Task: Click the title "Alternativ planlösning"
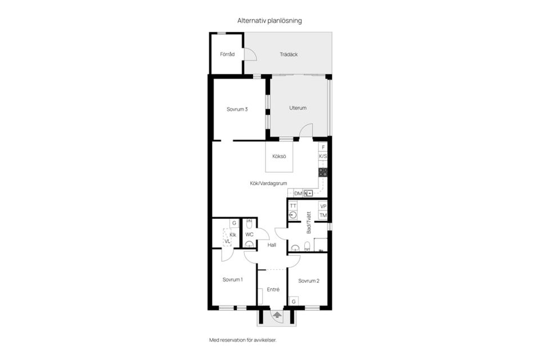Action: pyautogui.click(x=269, y=21)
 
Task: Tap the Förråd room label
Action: pyautogui.click(x=227, y=54)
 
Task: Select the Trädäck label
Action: pyautogui.click(x=289, y=55)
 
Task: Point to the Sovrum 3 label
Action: pyautogui.click(x=237, y=109)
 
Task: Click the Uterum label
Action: pyautogui.click(x=298, y=108)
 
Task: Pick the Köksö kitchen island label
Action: pyautogui.click(x=279, y=156)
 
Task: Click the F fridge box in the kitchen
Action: pyautogui.click(x=323, y=147)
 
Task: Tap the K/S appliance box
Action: pyautogui.click(x=323, y=156)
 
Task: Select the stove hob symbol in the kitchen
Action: pyautogui.click(x=323, y=172)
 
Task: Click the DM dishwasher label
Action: pyautogui.click(x=298, y=193)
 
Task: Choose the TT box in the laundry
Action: pyautogui.click(x=293, y=206)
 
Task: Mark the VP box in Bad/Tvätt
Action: pyautogui.click(x=323, y=206)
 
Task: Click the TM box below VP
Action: pyautogui.click(x=323, y=215)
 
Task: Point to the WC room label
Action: pyautogui.click(x=249, y=235)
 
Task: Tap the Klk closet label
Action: pyautogui.click(x=233, y=235)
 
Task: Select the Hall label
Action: pyautogui.click(x=272, y=245)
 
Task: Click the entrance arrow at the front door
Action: pyautogui.click(x=277, y=314)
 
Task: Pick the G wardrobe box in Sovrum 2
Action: pyautogui.click(x=294, y=301)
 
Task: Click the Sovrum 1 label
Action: pyautogui.click(x=232, y=280)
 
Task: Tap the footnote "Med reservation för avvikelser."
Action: pyautogui.click(x=243, y=340)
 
